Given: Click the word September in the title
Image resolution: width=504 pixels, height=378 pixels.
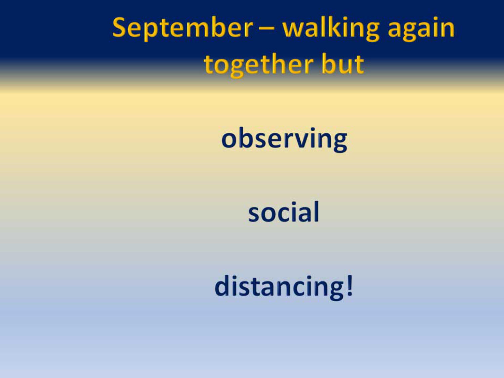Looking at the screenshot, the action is click(x=183, y=29).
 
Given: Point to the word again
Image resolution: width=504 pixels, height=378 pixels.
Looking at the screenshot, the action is click(x=421, y=30).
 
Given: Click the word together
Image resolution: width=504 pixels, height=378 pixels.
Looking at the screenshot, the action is click(x=258, y=66).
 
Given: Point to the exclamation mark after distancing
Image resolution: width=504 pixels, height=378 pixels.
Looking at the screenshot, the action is click(x=350, y=285).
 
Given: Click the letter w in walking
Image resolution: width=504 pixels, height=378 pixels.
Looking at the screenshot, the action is click(x=294, y=30).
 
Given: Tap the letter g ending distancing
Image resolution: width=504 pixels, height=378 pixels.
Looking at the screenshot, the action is click(x=338, y=291).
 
